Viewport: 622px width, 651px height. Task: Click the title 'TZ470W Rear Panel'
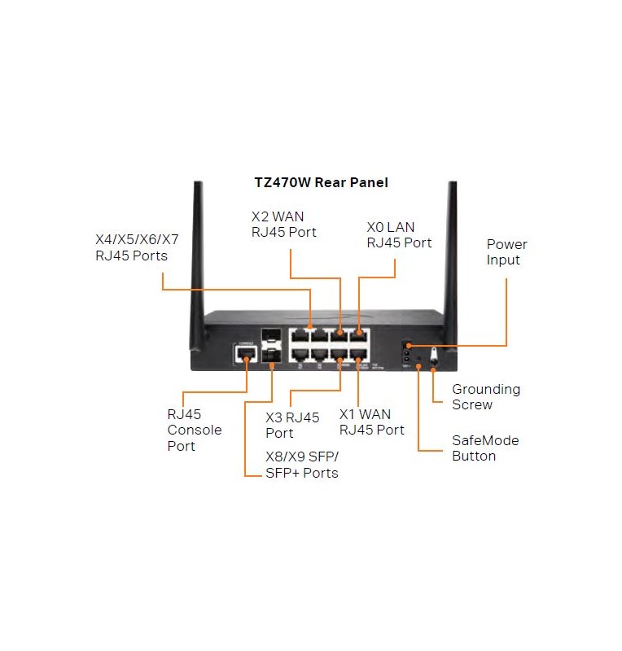pyautogui.click(x=321, y=182)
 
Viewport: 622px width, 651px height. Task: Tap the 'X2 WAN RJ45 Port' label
pyautogui.click(x=283, y=225)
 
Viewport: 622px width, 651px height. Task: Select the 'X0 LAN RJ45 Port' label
pyautogui.click(x=399, y=235)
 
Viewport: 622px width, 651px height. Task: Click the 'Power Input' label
pyautogui.click(x=506, y=252)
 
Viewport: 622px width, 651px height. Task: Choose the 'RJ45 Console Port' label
pyautogui.click(x=194, y=430)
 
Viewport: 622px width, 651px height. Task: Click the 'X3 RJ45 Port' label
pyautogui.click(x=292, y=425)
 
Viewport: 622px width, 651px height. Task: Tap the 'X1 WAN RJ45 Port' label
pyautogui.click(x=371, y=422)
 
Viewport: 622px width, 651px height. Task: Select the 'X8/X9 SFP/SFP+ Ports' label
pyautogui.click(x=301, y=465)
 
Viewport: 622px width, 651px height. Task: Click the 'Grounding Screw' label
pyautogui.click(x=485, y=397)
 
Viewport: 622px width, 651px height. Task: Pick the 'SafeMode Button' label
pyautogui.click(x=484, y=448)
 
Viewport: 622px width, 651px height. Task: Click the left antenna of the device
pyautogui.click(x=198, y=244)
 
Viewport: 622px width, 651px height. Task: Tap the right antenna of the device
pyautogui.click(x=451, y=244)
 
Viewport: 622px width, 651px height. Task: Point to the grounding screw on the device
pyautogui.click(x=433, y=355)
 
